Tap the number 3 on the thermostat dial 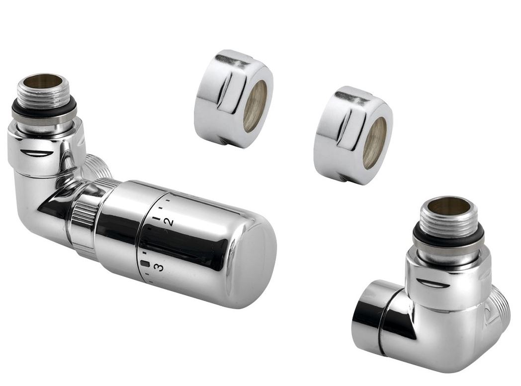160,267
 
